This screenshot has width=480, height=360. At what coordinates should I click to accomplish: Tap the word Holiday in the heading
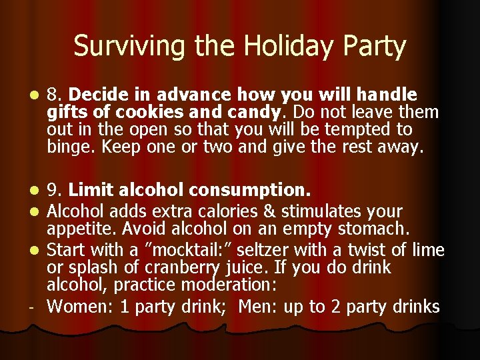click(x=279, y=47)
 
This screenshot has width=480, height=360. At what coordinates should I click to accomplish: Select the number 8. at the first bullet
click(x=55, y=95)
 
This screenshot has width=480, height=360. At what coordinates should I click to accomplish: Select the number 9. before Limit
click(x=55, y=191)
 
